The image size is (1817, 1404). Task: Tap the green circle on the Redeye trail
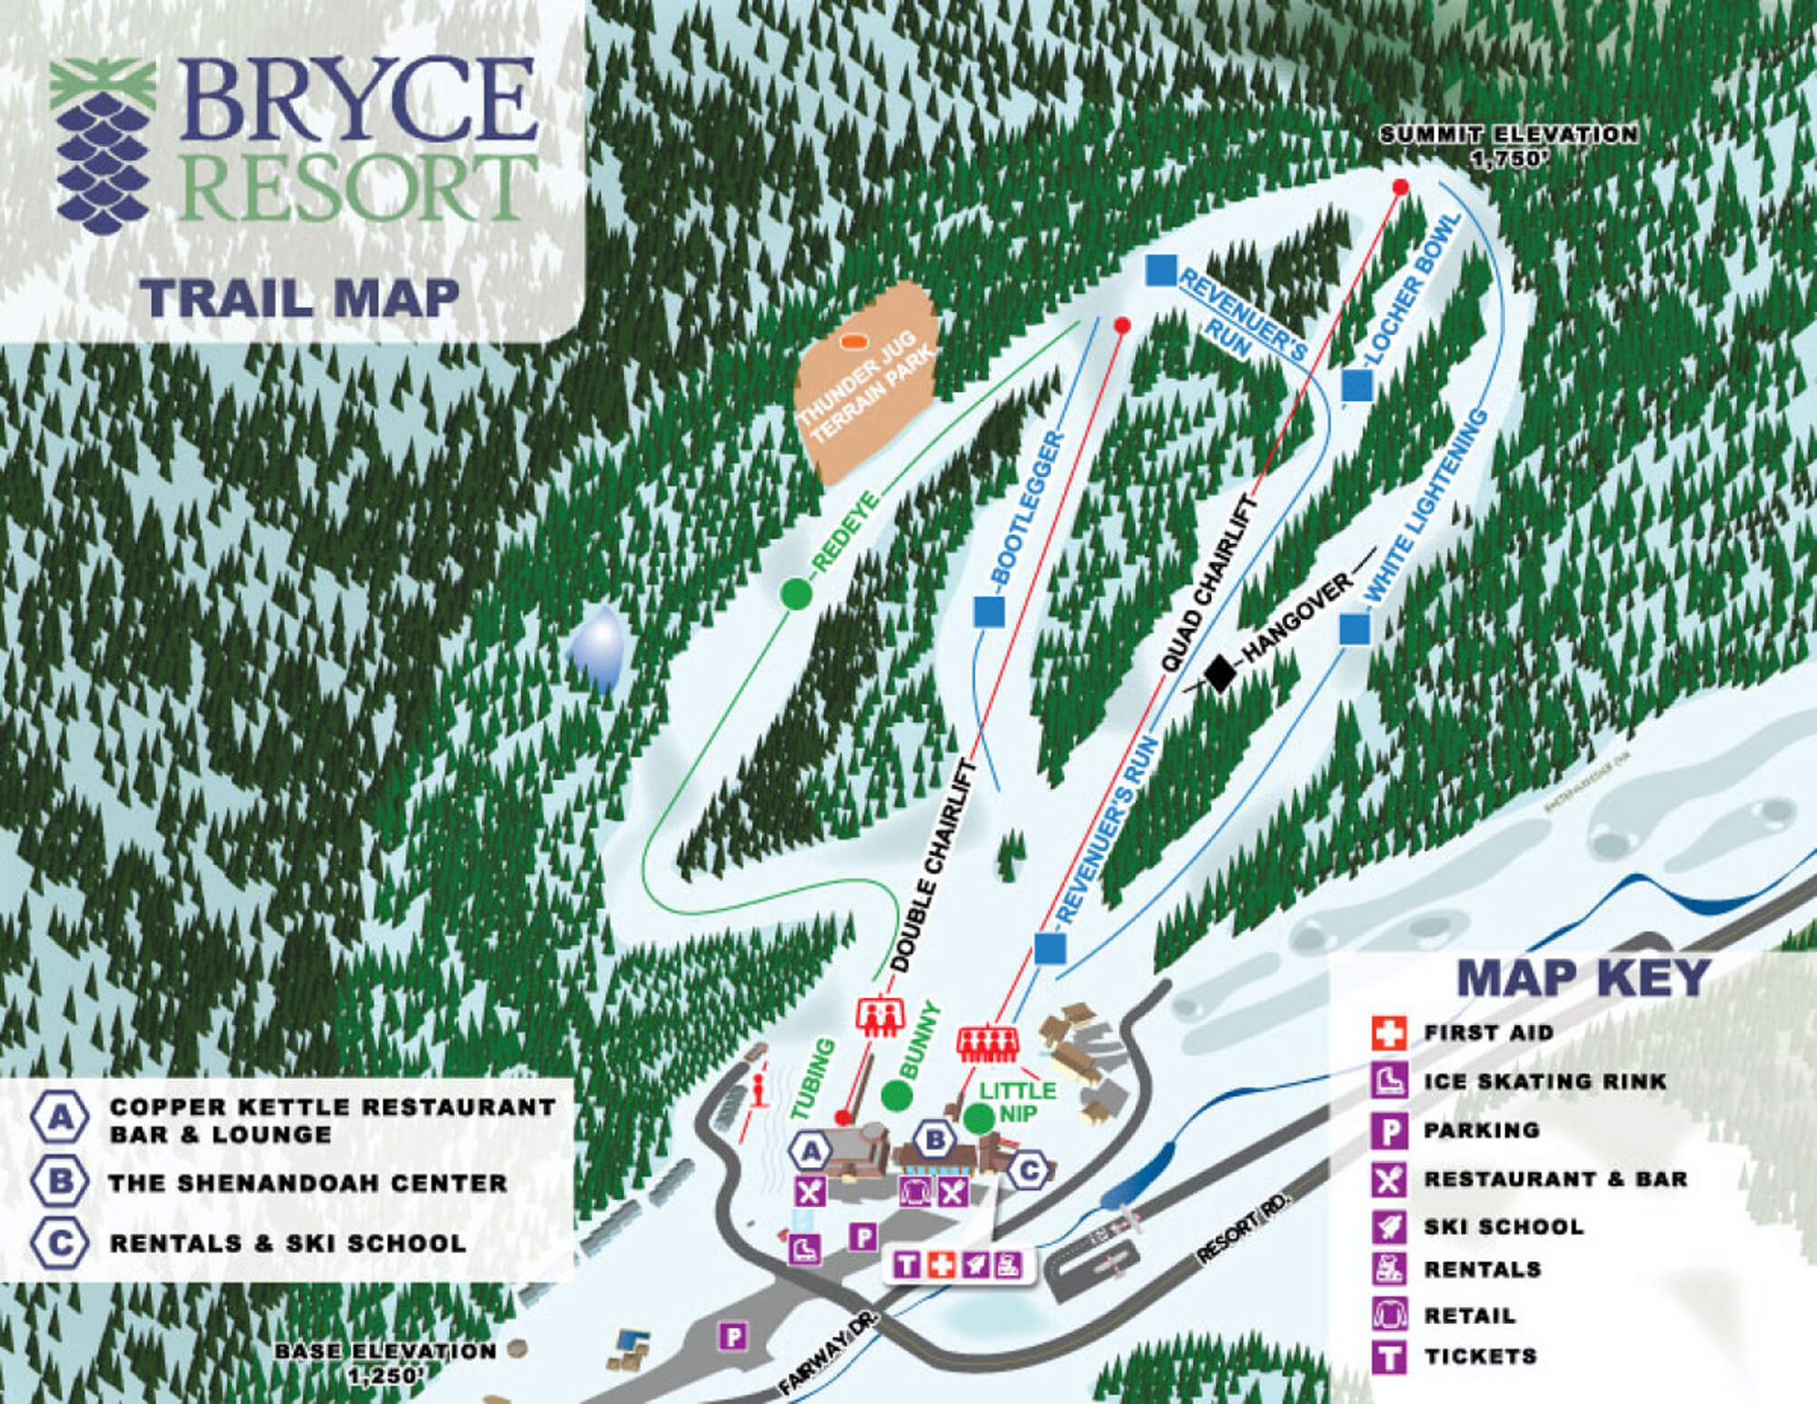[x=796, y=593]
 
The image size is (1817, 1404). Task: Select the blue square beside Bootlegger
[x=988, y=611]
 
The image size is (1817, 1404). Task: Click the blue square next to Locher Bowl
[x=1356, y=384]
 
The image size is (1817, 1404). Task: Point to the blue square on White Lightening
[x=1354, y=628]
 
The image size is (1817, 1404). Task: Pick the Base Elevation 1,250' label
[x=386, y=1360]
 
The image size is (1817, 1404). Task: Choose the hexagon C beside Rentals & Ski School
[x=60, y=1242]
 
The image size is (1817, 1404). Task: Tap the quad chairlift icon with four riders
[x=989, y=1041]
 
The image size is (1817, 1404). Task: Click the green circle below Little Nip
[x=978, y=1117]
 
